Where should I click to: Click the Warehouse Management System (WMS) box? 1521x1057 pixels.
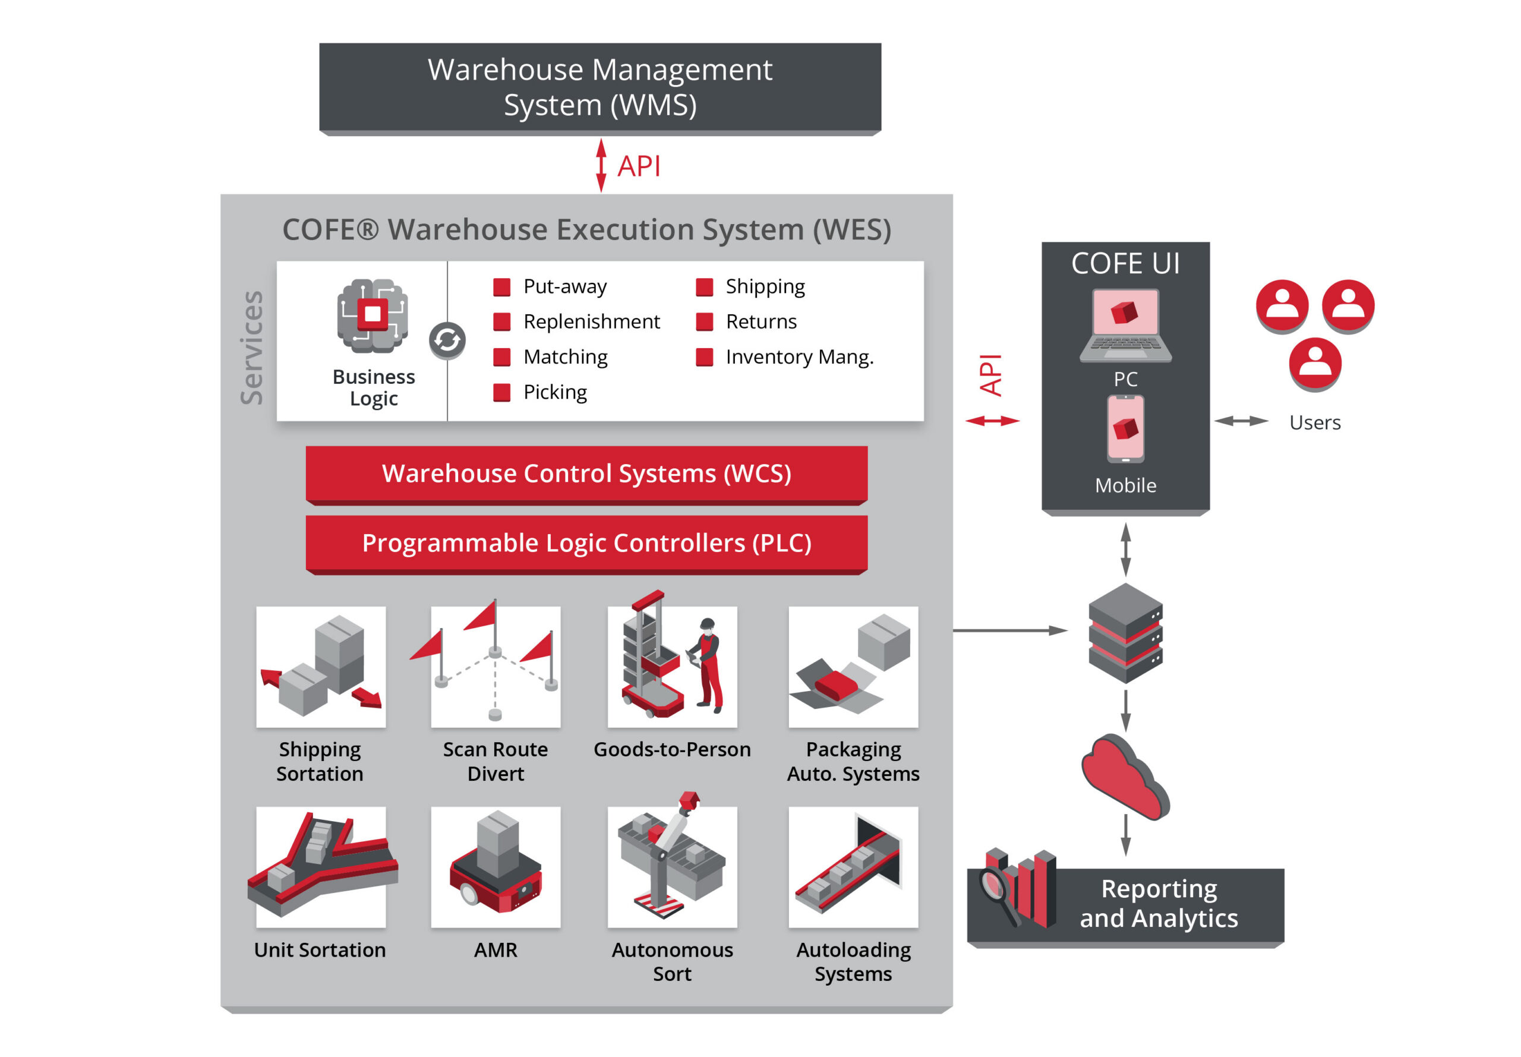click(x=599, y=87)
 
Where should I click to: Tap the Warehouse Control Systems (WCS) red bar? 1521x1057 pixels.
click(x=586, y=473)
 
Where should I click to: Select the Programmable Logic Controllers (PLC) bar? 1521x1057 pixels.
click(x=586, y=542)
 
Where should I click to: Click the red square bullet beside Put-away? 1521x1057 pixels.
click(x=501, y=287)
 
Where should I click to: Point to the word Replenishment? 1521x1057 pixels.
click(x=591, y=322)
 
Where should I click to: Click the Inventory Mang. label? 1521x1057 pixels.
click(x=799, y=357)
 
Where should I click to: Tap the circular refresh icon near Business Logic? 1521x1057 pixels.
click(x=447, y=340)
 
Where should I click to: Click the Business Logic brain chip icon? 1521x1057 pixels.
click(x=372, y=315)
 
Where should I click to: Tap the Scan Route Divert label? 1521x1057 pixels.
click(x=496, y=761)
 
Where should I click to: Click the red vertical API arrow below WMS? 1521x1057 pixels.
click(x=601, y=166)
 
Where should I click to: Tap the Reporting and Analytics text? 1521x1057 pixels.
click(x=1158, y=903)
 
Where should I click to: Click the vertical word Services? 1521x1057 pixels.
click(x=252, y=347)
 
